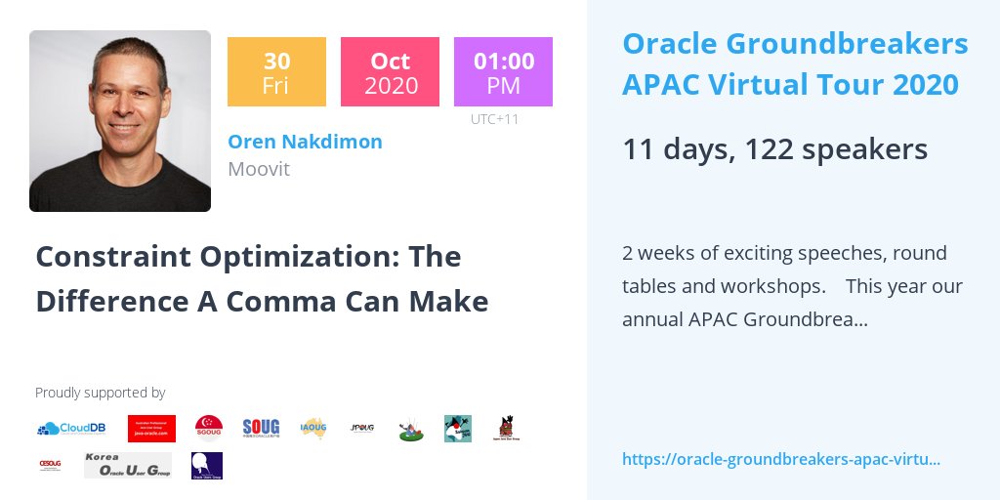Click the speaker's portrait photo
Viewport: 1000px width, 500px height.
[120, 121]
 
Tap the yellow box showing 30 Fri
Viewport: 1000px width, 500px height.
[276, 71]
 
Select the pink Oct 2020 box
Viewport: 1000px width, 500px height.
[390, 71]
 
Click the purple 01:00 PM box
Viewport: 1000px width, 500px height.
[503, 71]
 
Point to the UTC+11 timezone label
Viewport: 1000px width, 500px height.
[494, 119]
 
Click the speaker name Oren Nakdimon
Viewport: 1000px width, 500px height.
[305, 142]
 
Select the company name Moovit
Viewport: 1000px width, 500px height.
[259, 169]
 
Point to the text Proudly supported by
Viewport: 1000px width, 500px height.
[100, 393]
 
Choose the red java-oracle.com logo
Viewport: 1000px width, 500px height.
[150, 428]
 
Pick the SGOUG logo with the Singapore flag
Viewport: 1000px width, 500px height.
[208, 428]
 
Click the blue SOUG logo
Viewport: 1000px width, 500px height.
[261, 428]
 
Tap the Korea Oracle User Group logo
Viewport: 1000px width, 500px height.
[127, 465]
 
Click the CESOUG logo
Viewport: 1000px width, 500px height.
[51, 465]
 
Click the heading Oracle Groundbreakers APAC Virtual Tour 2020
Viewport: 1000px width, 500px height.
[795, 64]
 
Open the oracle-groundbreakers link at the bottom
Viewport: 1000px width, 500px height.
[780, 459]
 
